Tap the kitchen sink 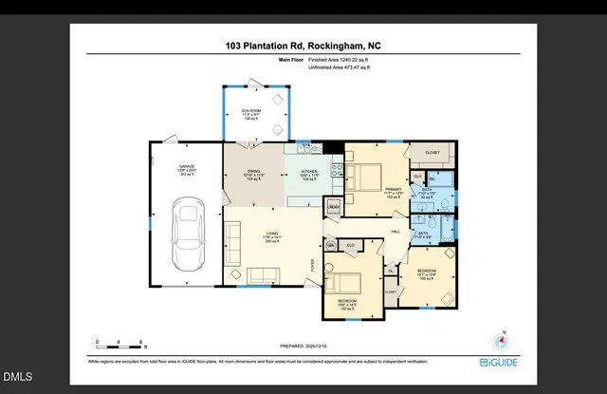[304, 148]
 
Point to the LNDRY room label [333, 206]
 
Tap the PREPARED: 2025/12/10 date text [304, 347]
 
